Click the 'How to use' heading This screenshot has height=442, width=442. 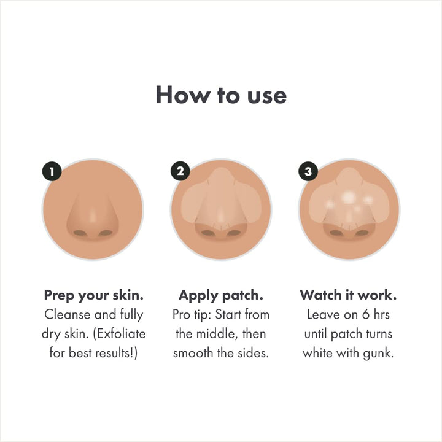tap(221, 96)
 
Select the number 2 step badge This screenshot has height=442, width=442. tap(180, 172)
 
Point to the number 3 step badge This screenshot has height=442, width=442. tap(308, 172)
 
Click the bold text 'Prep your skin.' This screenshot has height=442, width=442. tap(93, 295)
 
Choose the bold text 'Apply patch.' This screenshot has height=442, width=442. tap(220, 295)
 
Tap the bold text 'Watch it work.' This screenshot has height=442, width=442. tap(348, 295)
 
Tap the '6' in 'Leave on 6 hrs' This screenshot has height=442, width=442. tap(366, 315)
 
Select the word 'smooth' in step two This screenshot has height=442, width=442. tap(193, 354)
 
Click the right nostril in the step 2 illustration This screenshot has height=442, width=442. tap(234, 233)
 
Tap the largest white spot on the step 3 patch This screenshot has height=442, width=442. tap(348, 197)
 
